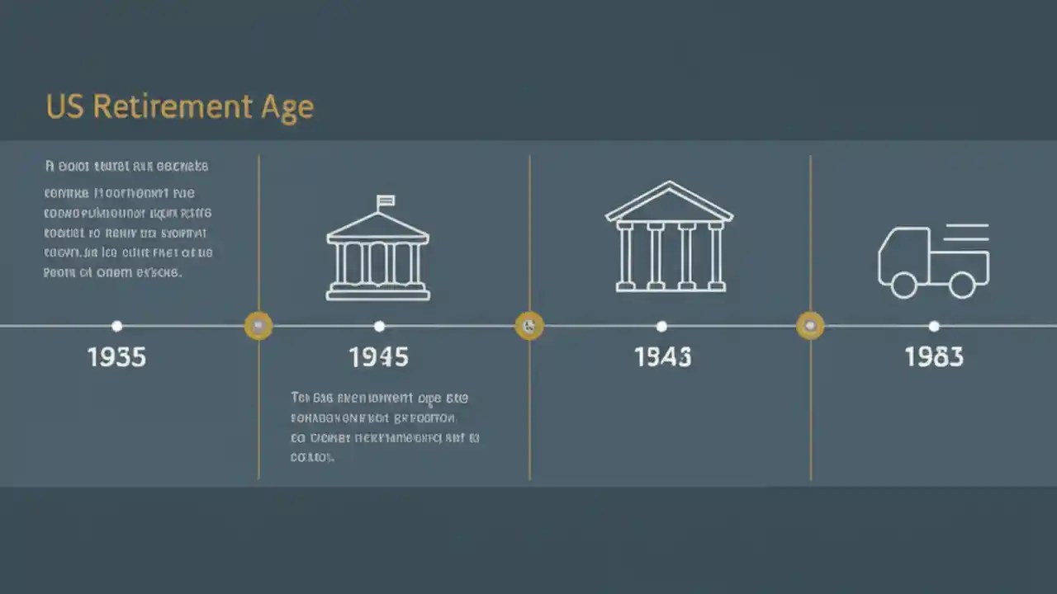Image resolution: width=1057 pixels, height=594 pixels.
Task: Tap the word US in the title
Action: click(x=64, y=107)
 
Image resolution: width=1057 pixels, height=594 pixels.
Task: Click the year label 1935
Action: click(x=116, y=357)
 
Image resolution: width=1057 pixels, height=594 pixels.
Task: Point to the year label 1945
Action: click(x=378, y=357)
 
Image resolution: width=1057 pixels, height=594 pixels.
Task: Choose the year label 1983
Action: click(x=933, y=357)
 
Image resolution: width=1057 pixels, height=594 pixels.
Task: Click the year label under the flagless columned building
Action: click(x=662, y=357)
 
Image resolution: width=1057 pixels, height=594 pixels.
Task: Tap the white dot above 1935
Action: click(x=116, y=326)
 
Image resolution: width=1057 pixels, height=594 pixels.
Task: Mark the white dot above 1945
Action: click(x=379, y=326)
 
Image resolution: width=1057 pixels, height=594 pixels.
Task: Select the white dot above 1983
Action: click(x=933, y=326)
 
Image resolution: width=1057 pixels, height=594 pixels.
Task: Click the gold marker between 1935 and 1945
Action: click(x=258, y=326)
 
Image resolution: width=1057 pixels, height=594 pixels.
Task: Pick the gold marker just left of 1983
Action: click(x=810, y=326)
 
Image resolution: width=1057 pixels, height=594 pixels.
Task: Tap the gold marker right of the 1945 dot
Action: click(x=529, y=326)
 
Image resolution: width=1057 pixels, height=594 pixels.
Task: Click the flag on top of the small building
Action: click(x=386, y=200)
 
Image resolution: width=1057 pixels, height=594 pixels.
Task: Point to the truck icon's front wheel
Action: click(x=903, y=285)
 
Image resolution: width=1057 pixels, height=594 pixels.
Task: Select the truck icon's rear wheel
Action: click(x=962, y=285)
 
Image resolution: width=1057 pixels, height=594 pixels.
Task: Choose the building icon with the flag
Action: click(x=378, y=252)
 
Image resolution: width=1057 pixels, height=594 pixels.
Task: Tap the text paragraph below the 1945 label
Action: click(x=384, y=427)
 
